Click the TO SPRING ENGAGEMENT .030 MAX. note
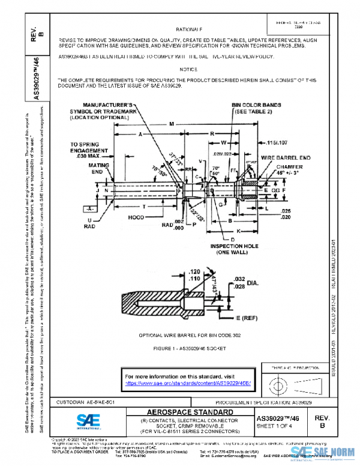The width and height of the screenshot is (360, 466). (x=91, y=150)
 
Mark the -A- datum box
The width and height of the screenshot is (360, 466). (x=91, y=208)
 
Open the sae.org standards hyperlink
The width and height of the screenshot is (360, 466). (x=188, y=383)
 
